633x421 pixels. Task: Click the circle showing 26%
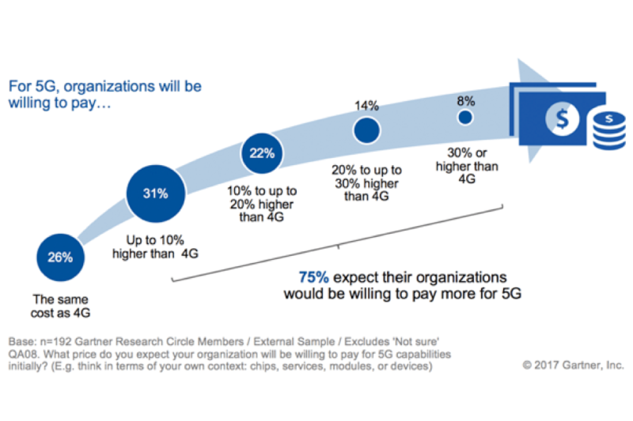(x=60, y=257)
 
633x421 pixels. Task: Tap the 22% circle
(x=263, y=153)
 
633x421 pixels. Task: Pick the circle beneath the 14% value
(x=367, y=130)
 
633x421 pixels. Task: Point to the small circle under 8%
(x=465, y=118)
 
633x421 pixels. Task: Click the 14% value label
(x=367, y=105)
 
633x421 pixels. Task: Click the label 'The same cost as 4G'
(x=60, y=306)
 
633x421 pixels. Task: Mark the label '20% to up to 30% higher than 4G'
(x=367, y=183)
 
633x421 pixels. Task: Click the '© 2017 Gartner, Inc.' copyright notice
(x=572, y=365)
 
